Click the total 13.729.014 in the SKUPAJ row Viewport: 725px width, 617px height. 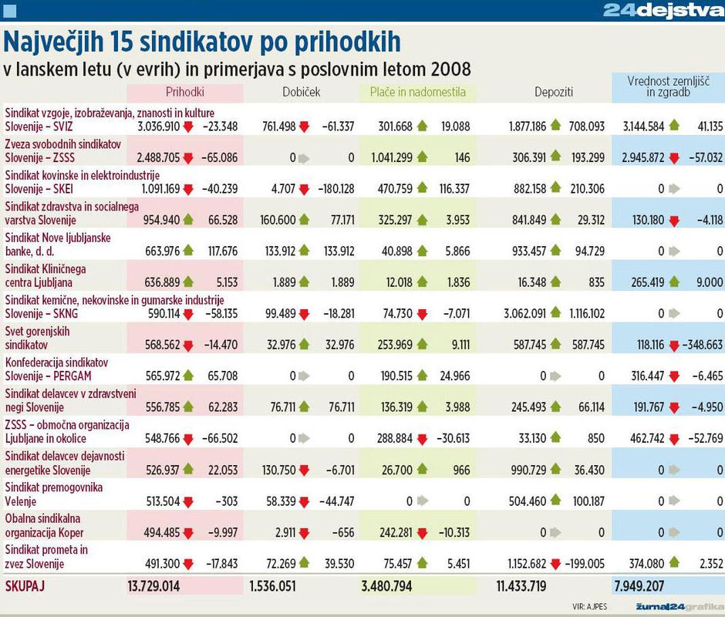pyautogui.click(x=153, y=586)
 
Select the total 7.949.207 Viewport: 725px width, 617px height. pyautogui.click(x=639, y=586)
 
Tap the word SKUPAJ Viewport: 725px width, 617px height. pyautogui.click(x=25, y=586)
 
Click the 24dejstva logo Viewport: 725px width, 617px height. pyautogui.click(x=662, y=10)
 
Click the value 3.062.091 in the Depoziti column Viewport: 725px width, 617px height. pyautogui.click(x=530, y=314)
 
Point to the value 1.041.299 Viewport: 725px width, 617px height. pyautogui.click(x=387, y=157)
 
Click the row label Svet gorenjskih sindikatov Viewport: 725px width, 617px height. pyautogui.click(x=46, y=338)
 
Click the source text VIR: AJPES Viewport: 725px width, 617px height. pyautogui.click(x=590, y=606)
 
